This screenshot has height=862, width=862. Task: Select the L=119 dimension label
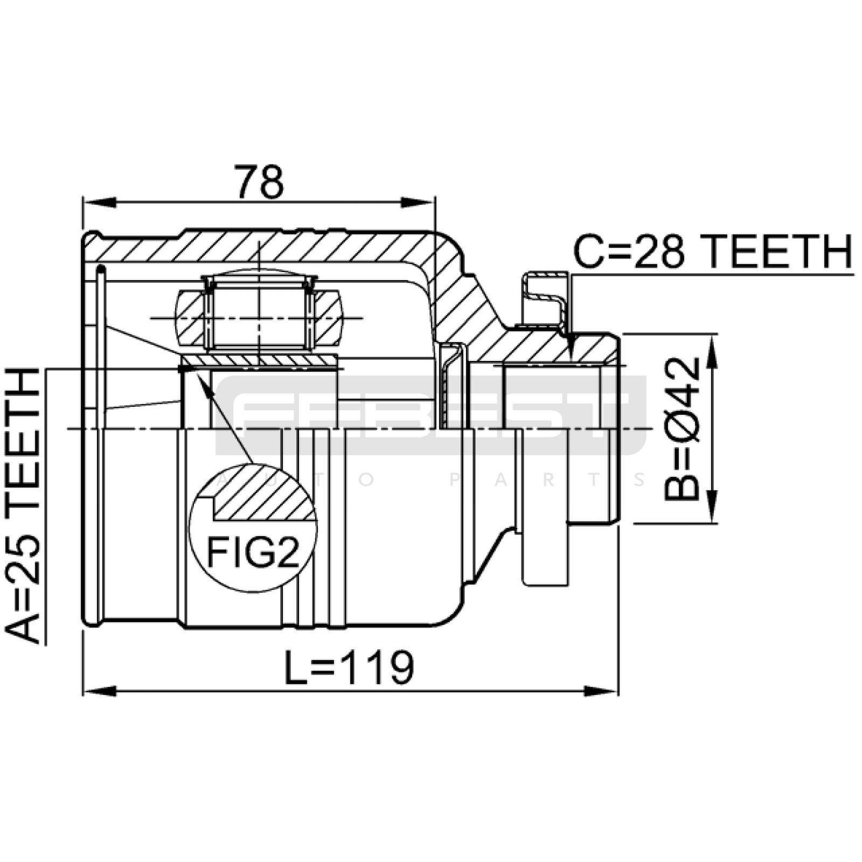(x=349, y=668)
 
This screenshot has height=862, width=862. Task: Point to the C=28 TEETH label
(x=713, y=252)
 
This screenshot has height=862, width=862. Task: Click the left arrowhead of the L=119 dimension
(x=100, y=691)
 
